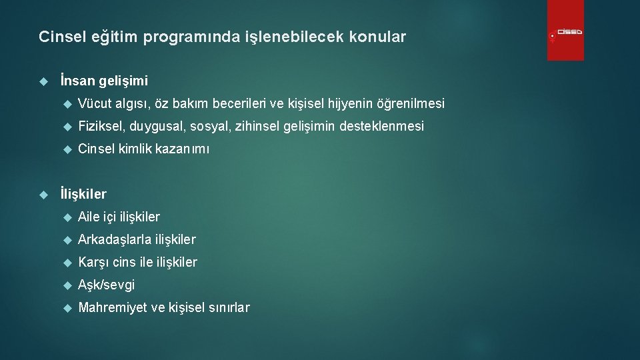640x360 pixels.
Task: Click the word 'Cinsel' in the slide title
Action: click(59, 37)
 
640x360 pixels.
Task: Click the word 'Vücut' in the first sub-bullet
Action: click(95, 103)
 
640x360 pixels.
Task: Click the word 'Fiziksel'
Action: click(101, 126)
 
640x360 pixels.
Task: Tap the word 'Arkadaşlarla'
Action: click(114, 239)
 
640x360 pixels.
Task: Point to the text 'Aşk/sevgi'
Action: click(106, 285)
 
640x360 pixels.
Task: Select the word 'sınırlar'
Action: click(229, 307)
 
